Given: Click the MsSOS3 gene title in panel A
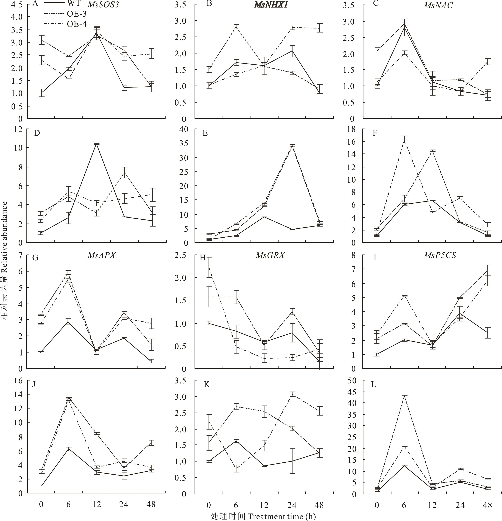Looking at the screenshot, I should pyautogui.click(x=103, y=5).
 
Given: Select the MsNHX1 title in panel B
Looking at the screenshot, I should pyautogui.click(x=270, y=5).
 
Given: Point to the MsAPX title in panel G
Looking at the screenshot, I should pyautogui.click(x=102, y=255).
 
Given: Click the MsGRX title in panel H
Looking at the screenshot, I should pyautogui.click(x=270, y=255).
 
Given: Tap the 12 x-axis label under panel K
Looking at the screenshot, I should pyautogui.click(x=264, y=504).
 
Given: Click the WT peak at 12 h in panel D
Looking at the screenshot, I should pyautogui.click(x=96, y=144).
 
